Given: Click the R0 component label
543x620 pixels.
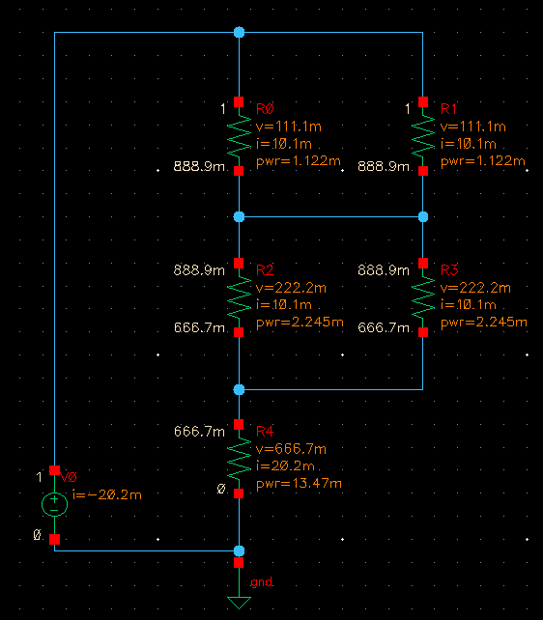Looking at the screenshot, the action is [x=265, y=109].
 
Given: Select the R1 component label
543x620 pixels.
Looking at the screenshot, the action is [x=448, y=109].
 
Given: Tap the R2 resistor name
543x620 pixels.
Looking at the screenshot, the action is [x=265, y=270].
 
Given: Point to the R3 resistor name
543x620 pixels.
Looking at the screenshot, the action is [x=449, y=270].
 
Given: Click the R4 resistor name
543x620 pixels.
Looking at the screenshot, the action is [x=265, y=431].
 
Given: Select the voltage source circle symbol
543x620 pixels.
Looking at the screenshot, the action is [x=54, y=504].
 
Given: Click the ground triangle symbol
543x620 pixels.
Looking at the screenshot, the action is [x=239, y=603].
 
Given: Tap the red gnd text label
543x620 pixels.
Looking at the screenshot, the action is [x=262, y=582].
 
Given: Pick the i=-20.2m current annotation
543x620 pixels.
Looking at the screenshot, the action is [x=107, y=494].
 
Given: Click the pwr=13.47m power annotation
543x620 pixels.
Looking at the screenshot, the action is [x=299, y=483].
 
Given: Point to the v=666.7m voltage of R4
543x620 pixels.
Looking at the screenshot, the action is [x=291, y=449].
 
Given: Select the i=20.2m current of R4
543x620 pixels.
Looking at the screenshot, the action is [x=285, y=465].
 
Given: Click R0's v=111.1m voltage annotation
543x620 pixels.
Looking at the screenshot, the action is [x=289, y=127].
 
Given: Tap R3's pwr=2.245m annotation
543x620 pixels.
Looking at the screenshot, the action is [x=484, y=322].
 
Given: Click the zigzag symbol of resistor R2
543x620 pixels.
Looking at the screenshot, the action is [x=239, y=297].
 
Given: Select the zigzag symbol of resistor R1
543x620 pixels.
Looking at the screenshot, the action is [x=423, y=136].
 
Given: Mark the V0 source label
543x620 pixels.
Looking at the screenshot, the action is [x=69, y=478].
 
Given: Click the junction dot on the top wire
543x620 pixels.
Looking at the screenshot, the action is [x=239, y=32].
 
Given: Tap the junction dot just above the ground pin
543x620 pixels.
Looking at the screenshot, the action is [x=239, y=550].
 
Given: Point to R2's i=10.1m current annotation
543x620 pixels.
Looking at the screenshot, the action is [x=284, y=304].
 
